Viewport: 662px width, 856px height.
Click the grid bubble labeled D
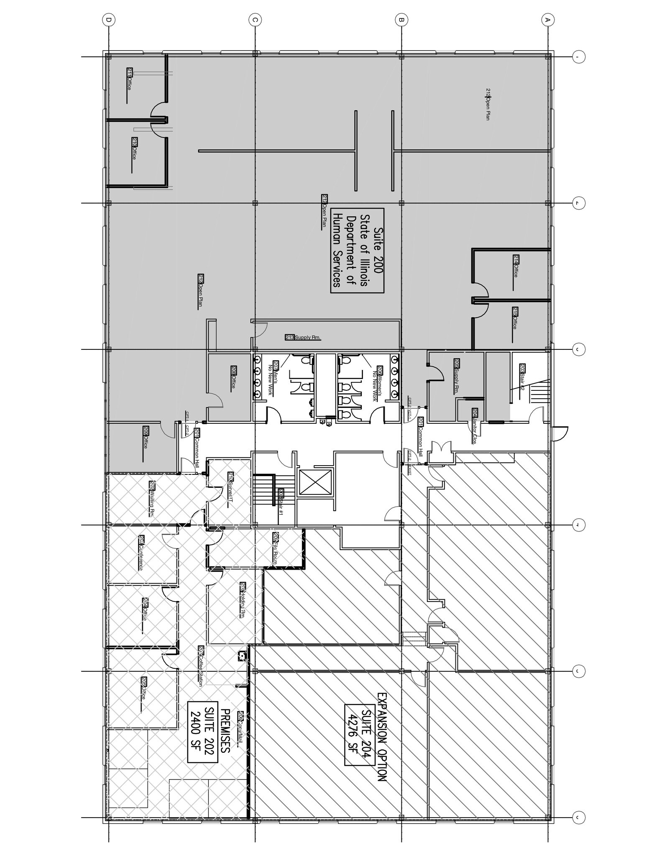click(x=109, y=19)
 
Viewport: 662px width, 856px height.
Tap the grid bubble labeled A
click(x=547, y=19)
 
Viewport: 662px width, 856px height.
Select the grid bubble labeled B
click(x=401, y=19)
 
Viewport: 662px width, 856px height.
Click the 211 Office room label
click(x=129, y=79)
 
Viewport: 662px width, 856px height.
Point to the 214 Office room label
click(x=516, y=266)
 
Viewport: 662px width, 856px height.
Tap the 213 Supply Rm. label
click(x=303, y=337)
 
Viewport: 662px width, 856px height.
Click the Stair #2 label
click(x=523, y=377)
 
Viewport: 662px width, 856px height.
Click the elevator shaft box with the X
click(x=314, y=484)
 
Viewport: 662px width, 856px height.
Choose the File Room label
click(x=275, y=548)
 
